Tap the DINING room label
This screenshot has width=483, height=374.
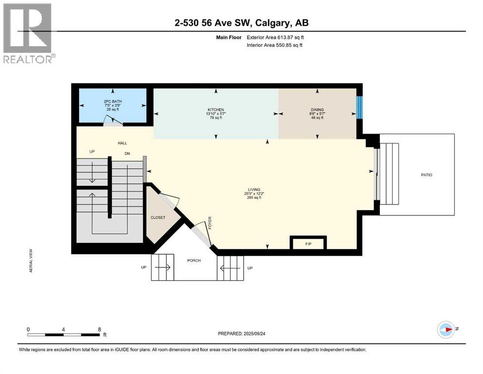click(317, 110)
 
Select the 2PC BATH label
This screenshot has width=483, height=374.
click(112, 102)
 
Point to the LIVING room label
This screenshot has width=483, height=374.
click(253, 190)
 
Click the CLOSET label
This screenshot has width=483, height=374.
click(158, 218)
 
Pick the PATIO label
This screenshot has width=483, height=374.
click(426, 175)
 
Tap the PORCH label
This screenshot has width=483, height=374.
click(194, 261)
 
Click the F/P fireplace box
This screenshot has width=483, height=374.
click(308, 243)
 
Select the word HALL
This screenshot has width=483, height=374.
click(123, 143)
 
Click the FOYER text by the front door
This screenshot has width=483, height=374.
click(211, 224)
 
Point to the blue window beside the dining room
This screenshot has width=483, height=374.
click(359, 107)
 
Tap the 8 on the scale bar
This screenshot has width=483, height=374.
click(99, 329)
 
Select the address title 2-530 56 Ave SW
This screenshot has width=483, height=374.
click(241, 22)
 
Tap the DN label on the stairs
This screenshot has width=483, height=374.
click(127, 153)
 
